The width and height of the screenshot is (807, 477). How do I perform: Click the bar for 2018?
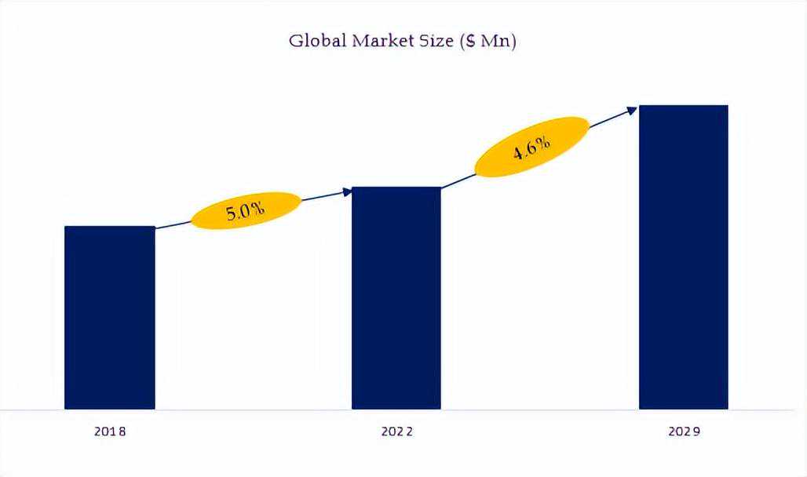109,318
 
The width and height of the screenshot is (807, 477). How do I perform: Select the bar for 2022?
396,298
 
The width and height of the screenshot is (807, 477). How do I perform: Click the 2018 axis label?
110,431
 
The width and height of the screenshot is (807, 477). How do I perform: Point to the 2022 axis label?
397,431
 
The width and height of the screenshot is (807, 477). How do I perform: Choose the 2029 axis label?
685,431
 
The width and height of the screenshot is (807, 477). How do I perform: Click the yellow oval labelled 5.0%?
246,210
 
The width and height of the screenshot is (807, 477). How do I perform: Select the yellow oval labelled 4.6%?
531,147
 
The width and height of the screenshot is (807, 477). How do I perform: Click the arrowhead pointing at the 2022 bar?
347,191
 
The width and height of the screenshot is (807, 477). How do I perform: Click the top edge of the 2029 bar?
684,106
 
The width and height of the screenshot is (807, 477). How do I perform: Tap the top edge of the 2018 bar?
109,228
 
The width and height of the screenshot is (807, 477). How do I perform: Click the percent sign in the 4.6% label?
543,144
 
